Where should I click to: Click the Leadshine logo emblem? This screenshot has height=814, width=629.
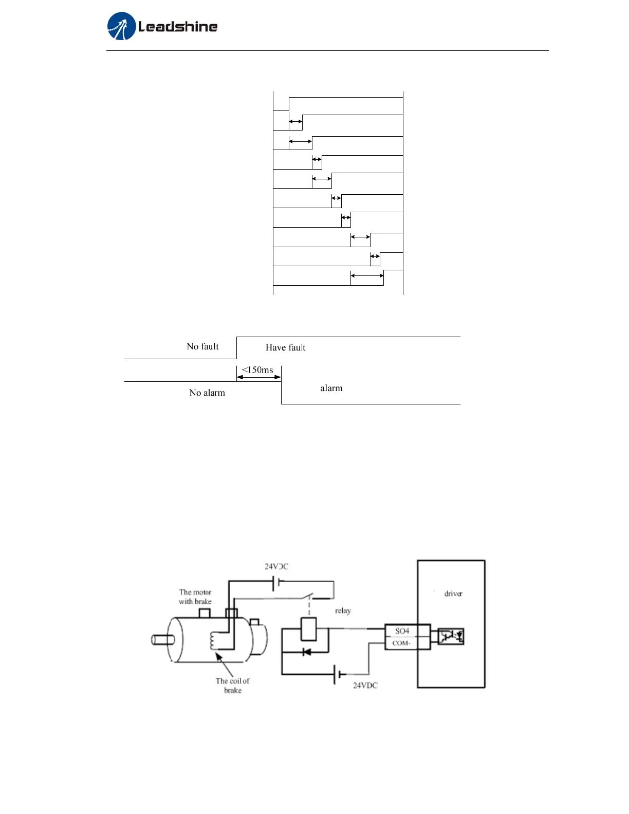(121, 26)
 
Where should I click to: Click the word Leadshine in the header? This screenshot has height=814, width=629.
(178, 27)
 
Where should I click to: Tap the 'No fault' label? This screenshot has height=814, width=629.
(202, 346)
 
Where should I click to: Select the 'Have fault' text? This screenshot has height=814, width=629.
(285, 347)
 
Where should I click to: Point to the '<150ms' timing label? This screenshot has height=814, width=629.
(257, 370)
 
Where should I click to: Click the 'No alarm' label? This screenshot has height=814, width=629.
(207, 393)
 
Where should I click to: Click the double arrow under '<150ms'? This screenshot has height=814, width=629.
(258, 377)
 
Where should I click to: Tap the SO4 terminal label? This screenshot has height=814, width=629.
(402, 631)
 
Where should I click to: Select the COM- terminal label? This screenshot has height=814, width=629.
(401, 643)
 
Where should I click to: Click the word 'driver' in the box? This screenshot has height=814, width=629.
(453, 594)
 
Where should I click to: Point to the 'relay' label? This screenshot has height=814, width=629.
(343, 610)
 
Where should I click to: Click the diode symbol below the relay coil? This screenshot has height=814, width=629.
(307, 652)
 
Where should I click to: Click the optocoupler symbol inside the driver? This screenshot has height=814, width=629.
(451, 637)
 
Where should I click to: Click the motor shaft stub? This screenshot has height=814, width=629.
(162, 639)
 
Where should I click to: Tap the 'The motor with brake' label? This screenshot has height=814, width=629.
(195, 597)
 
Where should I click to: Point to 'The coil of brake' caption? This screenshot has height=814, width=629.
(232, 686)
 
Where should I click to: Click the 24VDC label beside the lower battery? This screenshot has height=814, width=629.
(365, 686)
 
